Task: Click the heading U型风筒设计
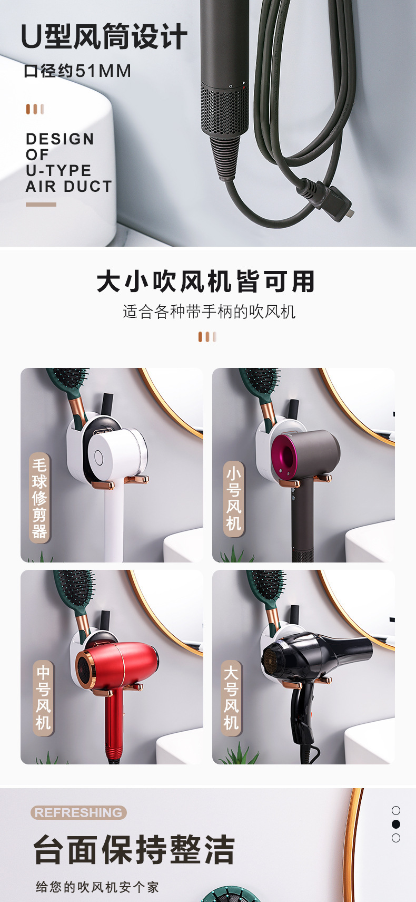click(104, 37)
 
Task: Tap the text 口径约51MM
click(77, 71)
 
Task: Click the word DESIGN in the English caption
click(60, 139)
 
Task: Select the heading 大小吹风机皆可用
click(205, 282)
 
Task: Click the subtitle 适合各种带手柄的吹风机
click(209, 312)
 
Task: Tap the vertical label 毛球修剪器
click(39, 498)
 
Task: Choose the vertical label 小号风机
click(234, 499)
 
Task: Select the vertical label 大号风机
click(231, 698)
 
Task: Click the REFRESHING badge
click(78, 812)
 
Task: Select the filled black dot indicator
click(396, 824)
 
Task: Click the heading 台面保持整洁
click(134, 850)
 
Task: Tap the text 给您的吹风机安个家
click(97, 887)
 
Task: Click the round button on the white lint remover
click(98, 457)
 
